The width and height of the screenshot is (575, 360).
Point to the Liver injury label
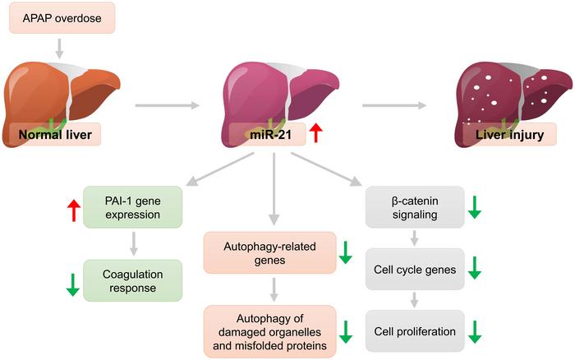pyautogui.click(x=503, y=134)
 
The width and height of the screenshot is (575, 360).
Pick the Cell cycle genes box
pyautogui.click(x=415, y=267)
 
